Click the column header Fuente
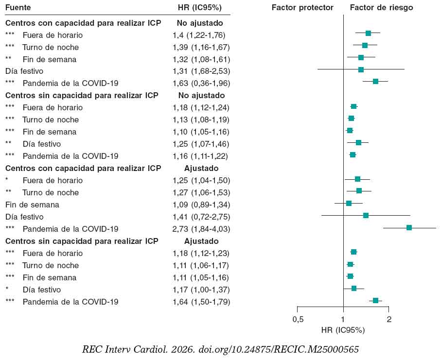[x=18, y=8]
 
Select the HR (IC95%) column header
[x=200, y=8]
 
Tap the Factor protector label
[x=302, y=8]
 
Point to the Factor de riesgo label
[x=381, y=8]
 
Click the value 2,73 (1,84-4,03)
[x=201, y=229]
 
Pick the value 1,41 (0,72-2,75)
[x=201, y=217]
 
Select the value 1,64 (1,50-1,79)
[x=201, y=302]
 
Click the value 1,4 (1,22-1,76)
[x=198, y=35]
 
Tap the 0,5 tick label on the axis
[x=298, y=319]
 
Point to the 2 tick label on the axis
[x=388, y=319]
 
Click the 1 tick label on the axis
[x=343, y=319]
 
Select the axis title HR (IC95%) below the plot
[x=343, y=330]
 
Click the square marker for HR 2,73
[x=409, y=227]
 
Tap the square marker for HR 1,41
[x=366, y=215]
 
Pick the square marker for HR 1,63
[x=375, y=81]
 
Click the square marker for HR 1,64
[x=375, y=300]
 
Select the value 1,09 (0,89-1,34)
[x=201, y=205]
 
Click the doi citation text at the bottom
[x=220, y=349]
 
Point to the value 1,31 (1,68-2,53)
[x=201, y=71]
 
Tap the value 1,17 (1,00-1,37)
[x=201, y=290]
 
